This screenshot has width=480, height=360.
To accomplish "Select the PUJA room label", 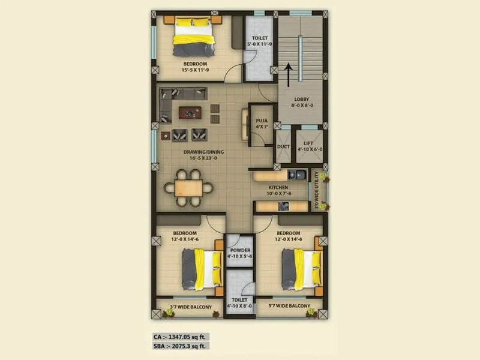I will (261, 123).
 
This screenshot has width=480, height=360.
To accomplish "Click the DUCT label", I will (283, 146).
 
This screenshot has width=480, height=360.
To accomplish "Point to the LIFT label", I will (308, 145).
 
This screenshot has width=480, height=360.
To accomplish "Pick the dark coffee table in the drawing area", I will (190, 111).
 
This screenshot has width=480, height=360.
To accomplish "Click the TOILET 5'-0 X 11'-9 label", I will (260, 40).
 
